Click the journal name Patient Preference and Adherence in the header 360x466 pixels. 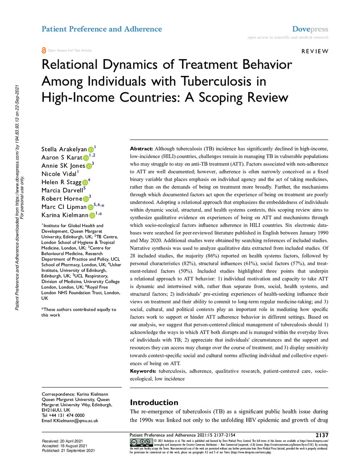tap(102, 29)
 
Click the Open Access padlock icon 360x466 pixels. tap(44, 51)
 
